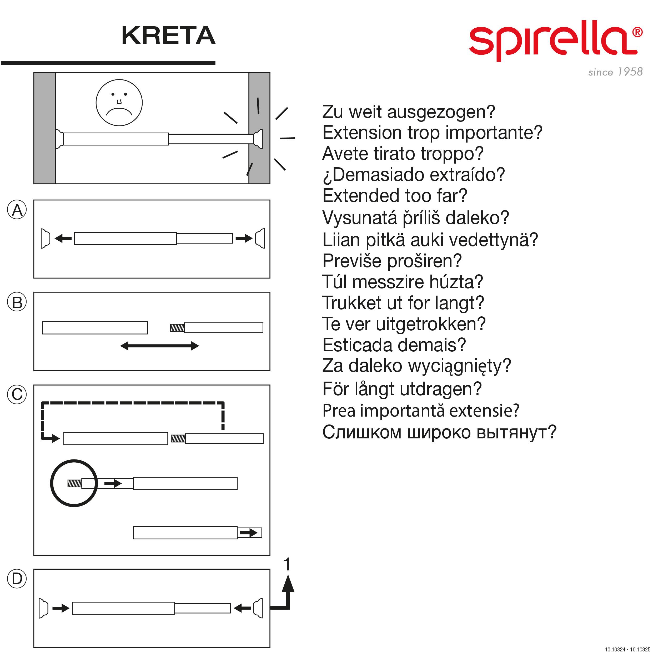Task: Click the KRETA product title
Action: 168,36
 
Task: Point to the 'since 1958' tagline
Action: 615,72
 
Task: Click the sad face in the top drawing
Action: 119,103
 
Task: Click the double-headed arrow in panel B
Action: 160,346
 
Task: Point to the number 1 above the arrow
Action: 287,564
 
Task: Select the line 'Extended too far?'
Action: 395,196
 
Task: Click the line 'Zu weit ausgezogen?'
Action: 409,112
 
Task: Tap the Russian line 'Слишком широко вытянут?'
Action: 439,432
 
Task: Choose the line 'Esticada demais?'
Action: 394,345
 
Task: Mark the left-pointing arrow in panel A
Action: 63,239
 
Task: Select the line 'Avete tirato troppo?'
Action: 403,154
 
